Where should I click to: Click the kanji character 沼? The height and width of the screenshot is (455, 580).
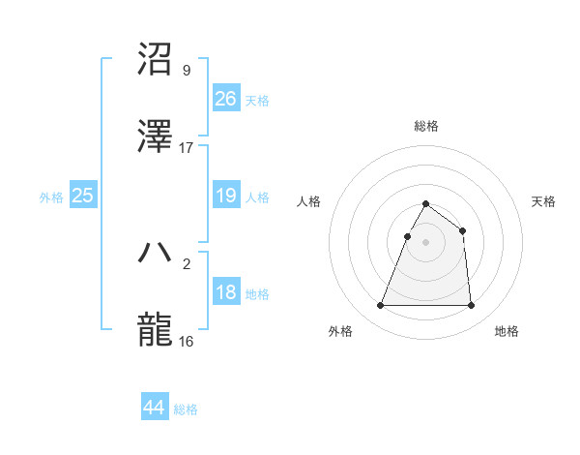click(x=156, y=59)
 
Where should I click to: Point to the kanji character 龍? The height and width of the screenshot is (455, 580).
click(x=156, y=329)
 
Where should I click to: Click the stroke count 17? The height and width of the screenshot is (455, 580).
click(x=187, y=148)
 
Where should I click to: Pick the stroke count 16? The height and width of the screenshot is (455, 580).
click(x=187, y=342)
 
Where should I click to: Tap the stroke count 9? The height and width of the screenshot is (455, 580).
click(x=186, y=71)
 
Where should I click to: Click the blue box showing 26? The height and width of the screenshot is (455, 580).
click(x=225, y=99)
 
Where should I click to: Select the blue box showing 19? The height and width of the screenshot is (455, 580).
click(x=225, y=196)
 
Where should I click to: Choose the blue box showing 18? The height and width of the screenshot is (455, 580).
click(x=225, y=292)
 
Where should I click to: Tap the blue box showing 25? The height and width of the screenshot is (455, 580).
click(x=83, y=196)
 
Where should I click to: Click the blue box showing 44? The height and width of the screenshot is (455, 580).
click(x=154, y=408)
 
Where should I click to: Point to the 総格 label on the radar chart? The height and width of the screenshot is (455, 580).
click(x=426, y=127)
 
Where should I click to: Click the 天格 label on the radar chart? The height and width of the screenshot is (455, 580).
click(x=543, y=201)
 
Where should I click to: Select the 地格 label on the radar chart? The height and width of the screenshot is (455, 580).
click(x=507, y=332)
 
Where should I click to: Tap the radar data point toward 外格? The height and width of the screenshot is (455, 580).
click(x=381, y=306)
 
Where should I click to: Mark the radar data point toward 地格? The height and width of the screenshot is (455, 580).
click(x=471, y=306)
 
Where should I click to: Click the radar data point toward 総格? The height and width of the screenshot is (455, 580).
click(x=426, y=204)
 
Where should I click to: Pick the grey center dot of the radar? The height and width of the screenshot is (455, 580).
click(x=426, y=242)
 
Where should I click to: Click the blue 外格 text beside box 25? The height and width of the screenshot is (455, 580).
click(x=51, y=197)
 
